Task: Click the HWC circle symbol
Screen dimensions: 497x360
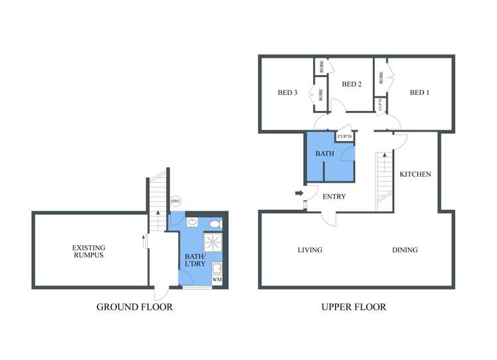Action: (176, 201)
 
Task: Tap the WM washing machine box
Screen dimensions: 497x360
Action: (217, 280)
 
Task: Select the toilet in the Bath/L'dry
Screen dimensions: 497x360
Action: (216, 225)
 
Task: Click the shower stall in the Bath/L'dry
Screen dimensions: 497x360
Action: (213, 242)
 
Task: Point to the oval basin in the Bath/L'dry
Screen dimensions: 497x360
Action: (192, 222)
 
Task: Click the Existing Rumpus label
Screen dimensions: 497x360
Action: (89, 251)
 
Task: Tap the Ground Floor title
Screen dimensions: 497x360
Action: (135, 307)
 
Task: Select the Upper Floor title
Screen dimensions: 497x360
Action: (354, 307)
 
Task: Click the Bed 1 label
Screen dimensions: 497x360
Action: (419, 92)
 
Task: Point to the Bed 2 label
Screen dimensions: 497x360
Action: (352, 84)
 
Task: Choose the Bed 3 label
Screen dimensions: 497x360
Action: (287, 92)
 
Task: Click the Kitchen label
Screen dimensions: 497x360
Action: (415, 174)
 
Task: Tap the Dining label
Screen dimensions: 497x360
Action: (405, 250)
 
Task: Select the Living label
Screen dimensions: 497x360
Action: (310, 250)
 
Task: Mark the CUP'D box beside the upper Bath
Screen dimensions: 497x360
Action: (344, 137)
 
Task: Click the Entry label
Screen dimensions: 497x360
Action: (334, 197)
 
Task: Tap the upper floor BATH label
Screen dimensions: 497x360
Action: (324, 153)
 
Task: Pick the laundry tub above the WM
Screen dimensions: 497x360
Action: (217, 268)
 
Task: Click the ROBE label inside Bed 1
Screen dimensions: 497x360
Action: (381, 78)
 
